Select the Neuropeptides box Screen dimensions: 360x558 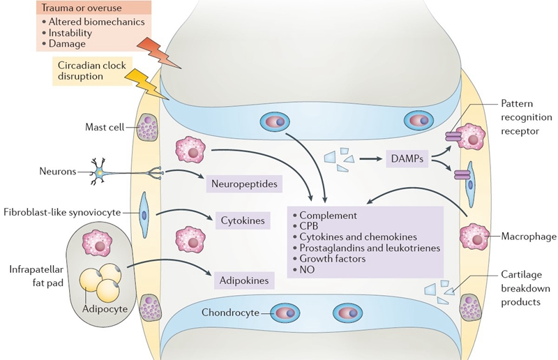pyautogui.click(x=245, y=185)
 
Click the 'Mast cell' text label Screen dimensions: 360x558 pyautogui.click(x=103, y=127)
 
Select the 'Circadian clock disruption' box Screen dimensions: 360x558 pyautogui.click(x=90, y=70)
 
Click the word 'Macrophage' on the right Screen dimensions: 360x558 pyautogui.click(x=529, y=237)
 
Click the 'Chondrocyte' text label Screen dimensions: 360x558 pyautogui.click(x=228, y=312)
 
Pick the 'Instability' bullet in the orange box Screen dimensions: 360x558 pyautogui.click(x=73, y=33)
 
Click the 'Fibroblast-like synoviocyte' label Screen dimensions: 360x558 pyautogui.click(x=66, y=211)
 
